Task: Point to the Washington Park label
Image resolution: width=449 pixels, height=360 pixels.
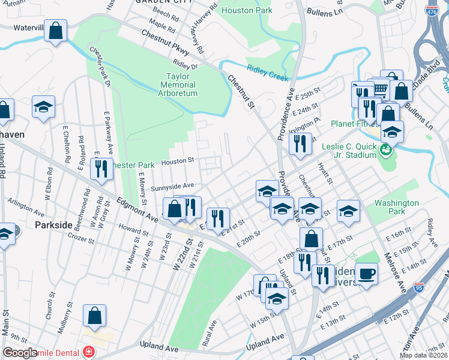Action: click(396, 207)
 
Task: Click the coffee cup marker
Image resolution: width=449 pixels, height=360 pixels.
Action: click(366, 274)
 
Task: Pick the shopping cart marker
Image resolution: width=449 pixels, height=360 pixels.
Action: click(380, 89)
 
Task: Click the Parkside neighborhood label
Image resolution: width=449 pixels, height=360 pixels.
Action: click(53, 225)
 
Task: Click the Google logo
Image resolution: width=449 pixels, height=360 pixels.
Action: click(20, 353)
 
